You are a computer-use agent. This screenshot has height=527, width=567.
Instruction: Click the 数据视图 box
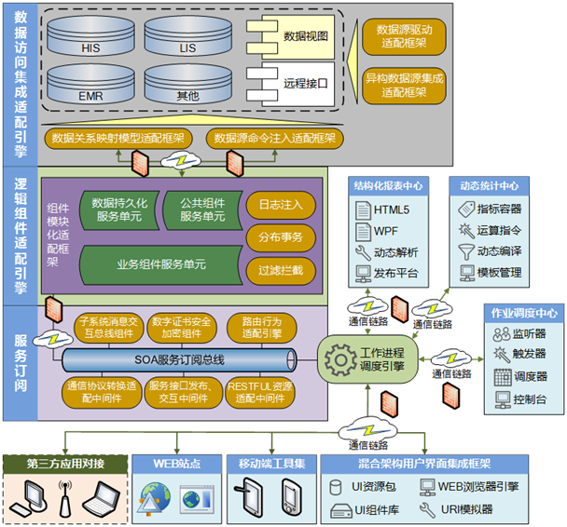(x=299, y=35)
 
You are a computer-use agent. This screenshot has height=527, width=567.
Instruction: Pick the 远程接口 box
(x=299, y=83)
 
